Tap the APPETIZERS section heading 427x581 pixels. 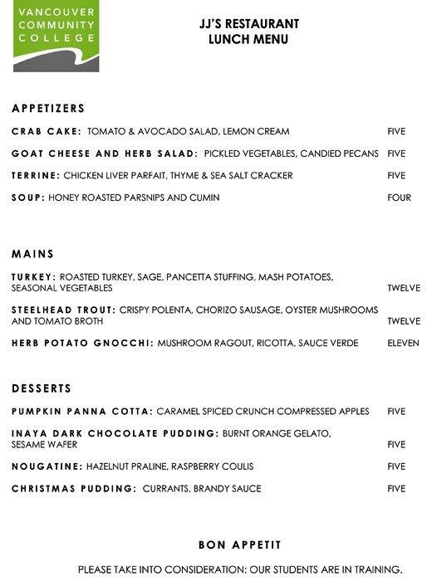48,109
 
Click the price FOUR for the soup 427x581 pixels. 399,198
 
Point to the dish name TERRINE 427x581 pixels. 36,176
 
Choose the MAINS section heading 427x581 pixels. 33,254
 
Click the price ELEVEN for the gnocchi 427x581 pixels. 403,343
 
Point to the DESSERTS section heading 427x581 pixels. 42,388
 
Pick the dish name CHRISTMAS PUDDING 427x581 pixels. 74,489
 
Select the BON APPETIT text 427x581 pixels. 239,545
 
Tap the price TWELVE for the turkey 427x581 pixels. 404,288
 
